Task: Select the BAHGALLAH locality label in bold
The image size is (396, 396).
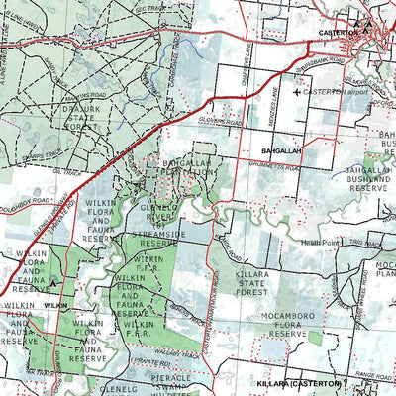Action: (x=280, y=150)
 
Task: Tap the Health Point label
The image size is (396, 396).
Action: (x=321, y=242)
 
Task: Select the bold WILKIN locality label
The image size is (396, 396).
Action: (x=55, y=307)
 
